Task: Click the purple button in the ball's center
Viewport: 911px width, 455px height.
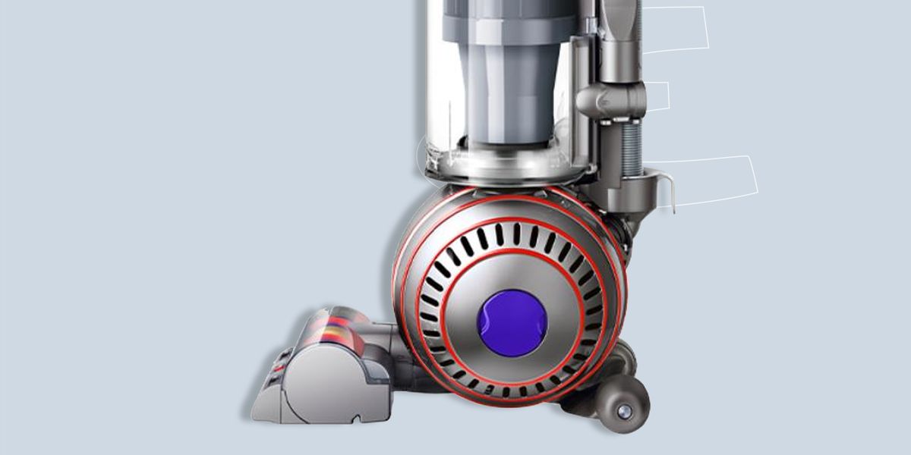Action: (512, 319)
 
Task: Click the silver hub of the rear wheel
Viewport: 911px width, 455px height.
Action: (624, 410)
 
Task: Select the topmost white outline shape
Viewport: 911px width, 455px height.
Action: (676, 29)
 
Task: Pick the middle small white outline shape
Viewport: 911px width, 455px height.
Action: (657, 96)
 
